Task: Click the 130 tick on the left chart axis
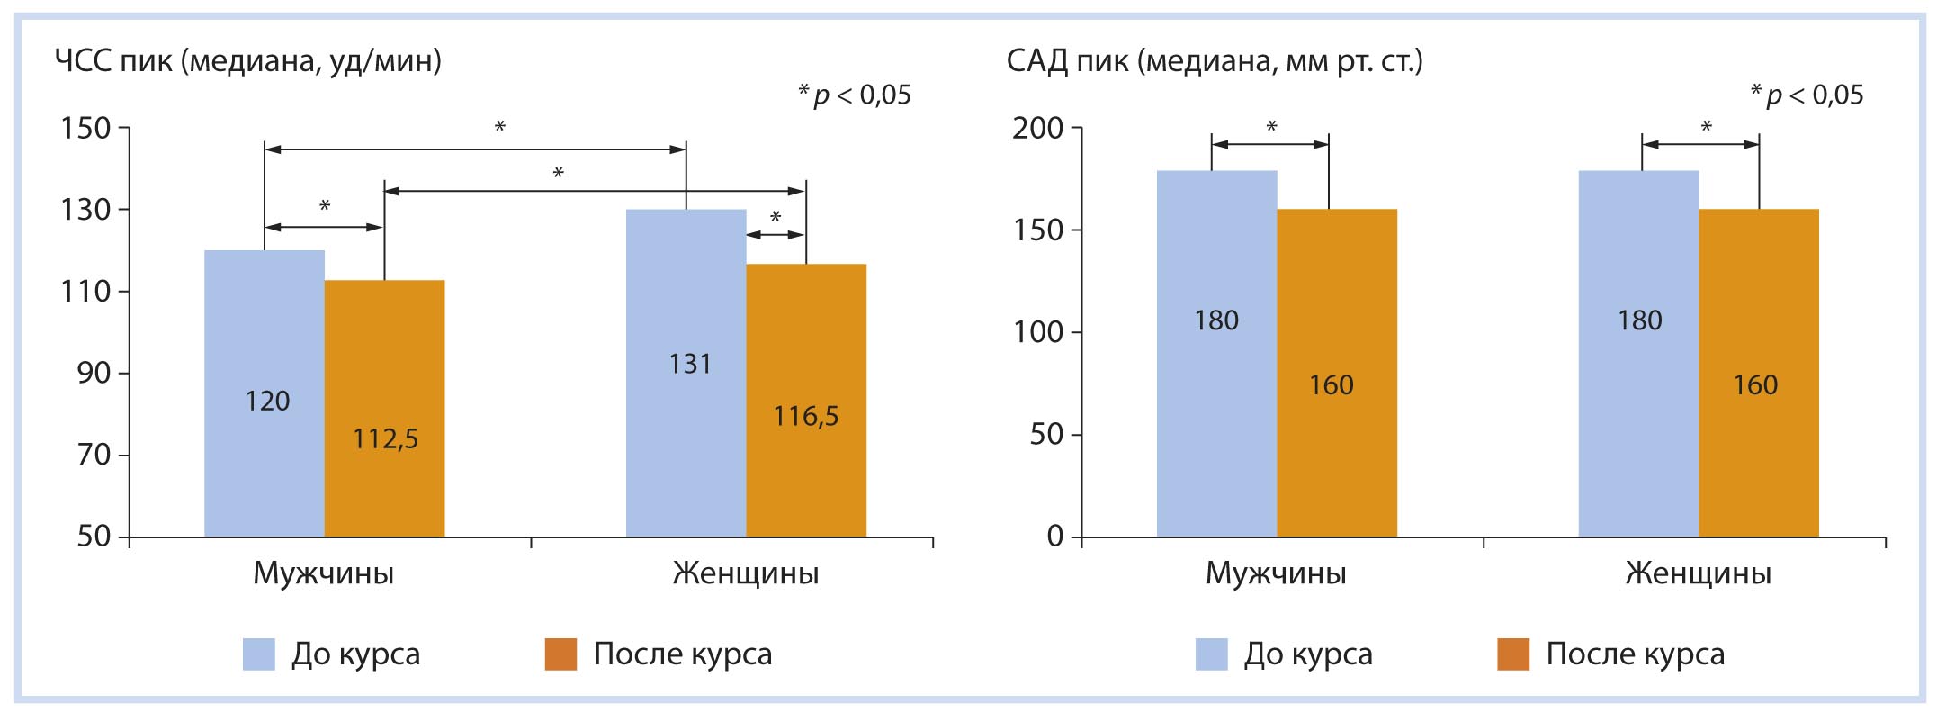click(85, 210)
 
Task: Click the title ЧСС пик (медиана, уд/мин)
click(248, 61)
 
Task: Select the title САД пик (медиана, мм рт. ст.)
click(1215, 61)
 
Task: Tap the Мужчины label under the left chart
click(323, 573)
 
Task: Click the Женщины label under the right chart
click(1698, 573)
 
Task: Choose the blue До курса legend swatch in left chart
click(259, 654)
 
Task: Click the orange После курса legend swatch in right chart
click(1513, 654)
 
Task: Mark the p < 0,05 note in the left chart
click(855, 95)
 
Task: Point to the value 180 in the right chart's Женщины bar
click(1639, 320)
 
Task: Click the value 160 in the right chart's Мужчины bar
click(1331, 385)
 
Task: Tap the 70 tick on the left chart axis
click(94, 455)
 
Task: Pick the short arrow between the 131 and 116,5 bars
click(776, 235)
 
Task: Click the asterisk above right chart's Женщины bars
click(1706, 128)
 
